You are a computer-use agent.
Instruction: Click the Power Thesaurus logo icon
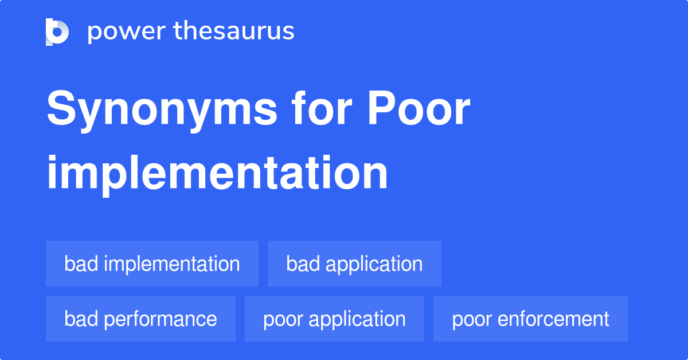[x=57, y=32]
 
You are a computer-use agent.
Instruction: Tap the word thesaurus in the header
[x=234, y=32]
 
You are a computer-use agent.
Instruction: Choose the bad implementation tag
[x=152, y=264]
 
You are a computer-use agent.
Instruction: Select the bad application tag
[x=354, y=264]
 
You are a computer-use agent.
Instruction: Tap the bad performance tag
[x=140, y=319]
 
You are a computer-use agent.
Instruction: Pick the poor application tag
[x=334, y=319]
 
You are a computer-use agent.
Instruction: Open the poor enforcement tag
[x=530, y=319]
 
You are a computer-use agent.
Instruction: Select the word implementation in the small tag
[x=172, y=264]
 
